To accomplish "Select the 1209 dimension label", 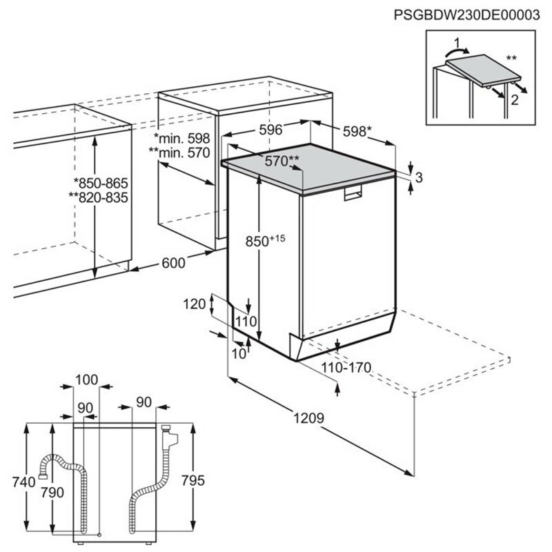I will pyautogui.click(x=310, y=419).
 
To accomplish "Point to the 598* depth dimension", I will pyautogui.click(x=357, y=130).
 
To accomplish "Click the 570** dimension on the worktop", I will pyautogui.click(x=282, y=161).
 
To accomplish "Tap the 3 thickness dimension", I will pyautogui.click(x=419, y=177).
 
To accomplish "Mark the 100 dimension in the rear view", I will pyautogui.click(x=86, y=379).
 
